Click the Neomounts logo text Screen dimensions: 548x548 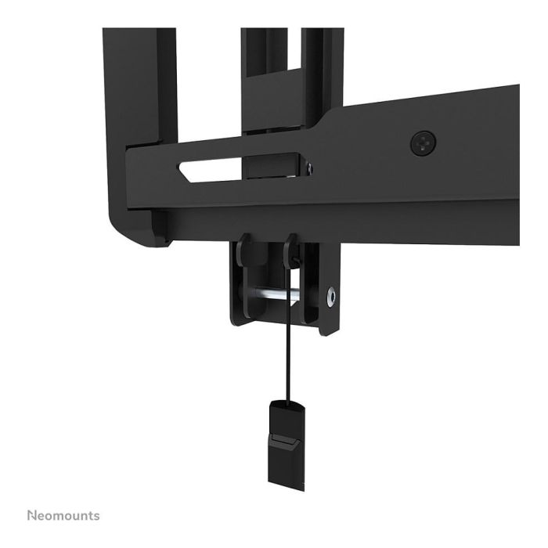point(63,516)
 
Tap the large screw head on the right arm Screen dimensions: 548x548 point(422,142)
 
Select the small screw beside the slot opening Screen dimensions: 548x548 point(310,167)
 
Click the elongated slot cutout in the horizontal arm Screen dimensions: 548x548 point(239,168)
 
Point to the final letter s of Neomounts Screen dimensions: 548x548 point(96,517)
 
